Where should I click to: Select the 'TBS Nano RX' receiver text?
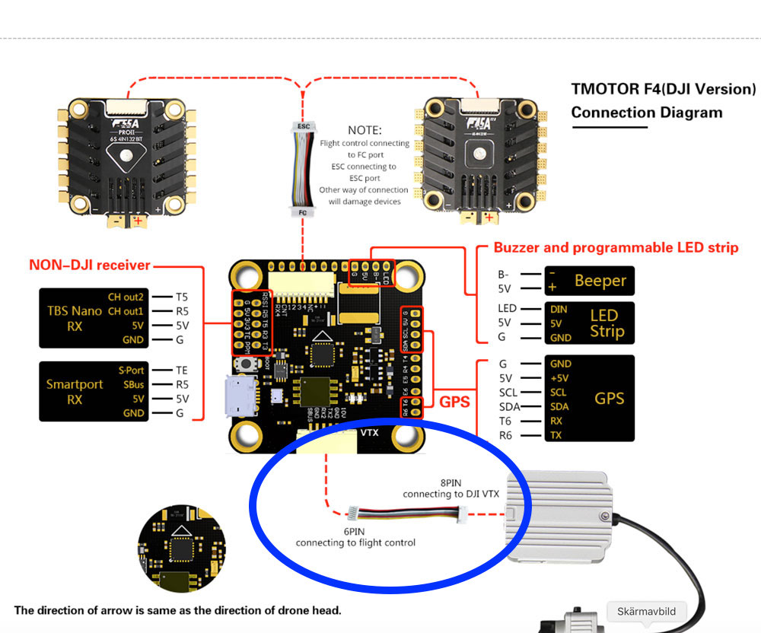pyautogui.click(x=75, y=318)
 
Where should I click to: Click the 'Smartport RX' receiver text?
pyautogui.click(x=75, y=392)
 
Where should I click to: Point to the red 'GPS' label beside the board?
pyautogui.click(x=455, y=401)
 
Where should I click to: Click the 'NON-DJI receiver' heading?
pyautogui.click(x=89, y=266)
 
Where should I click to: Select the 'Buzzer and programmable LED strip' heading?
pyautogui.click(x=616, y=247)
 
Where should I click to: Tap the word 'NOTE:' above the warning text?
pyautogui.click(x=365, y=130)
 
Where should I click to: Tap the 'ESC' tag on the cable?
pyautogui.click(x=303, y=125)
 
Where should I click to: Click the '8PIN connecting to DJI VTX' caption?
pyautogui.click(x=451, y=488)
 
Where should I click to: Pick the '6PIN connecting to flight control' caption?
pyautogui.click(x=355, y=537)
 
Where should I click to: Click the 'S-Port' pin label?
pyautogui.click(x=131, y=371)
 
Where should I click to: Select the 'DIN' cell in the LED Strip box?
pyautogui.click(x=559, y=309)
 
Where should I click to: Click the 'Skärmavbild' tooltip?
pyautogui.click(x=646, y=611)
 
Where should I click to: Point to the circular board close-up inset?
pyautogui.click(x=182, y=547)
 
